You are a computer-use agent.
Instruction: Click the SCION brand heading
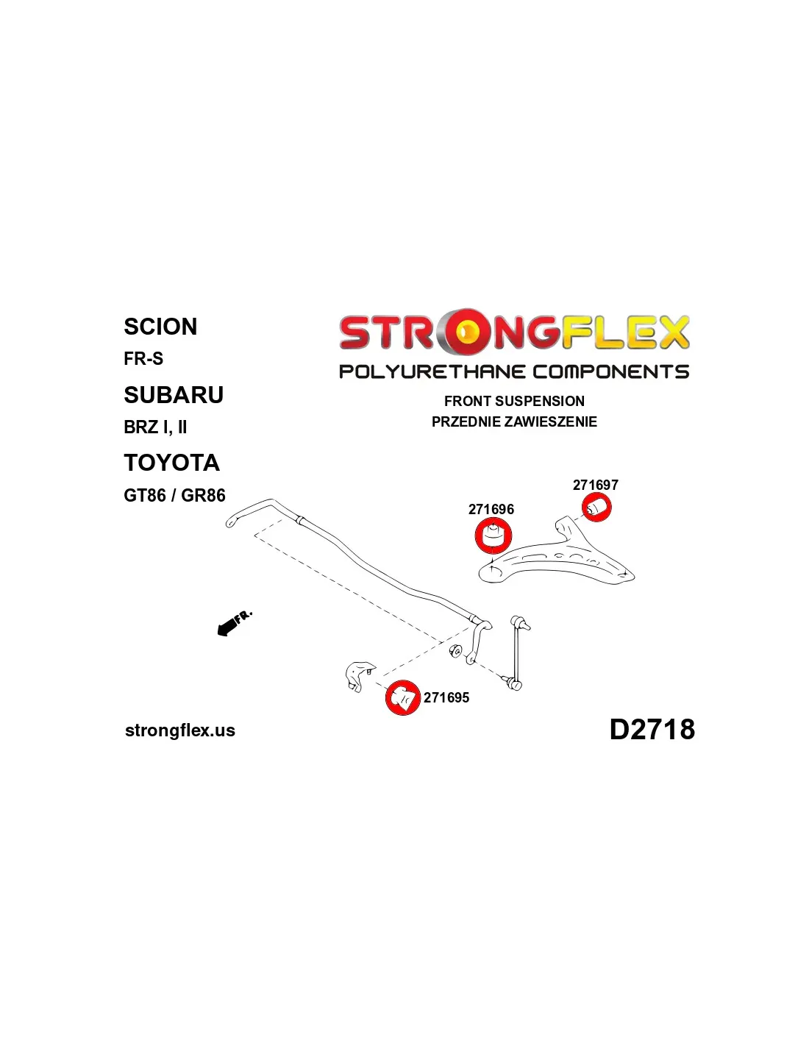[160, 327]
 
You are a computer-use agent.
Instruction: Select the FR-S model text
[143, 359]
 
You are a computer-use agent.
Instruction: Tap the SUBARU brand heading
[174, 395]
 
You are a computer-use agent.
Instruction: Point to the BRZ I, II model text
[155, 427]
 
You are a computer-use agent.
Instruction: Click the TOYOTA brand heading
[171, 463]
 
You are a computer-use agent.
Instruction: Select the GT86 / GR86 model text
[174, 496]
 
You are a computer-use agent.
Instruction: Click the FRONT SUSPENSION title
[514, 401]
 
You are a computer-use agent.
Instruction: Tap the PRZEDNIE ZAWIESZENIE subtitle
[514, 422]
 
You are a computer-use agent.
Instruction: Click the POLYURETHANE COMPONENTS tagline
[514, 372]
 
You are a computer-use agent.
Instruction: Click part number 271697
[596, 485]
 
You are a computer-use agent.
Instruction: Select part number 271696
[491, 509]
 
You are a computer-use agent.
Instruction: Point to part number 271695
[446, 697]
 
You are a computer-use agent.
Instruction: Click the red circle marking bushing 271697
[596, 507]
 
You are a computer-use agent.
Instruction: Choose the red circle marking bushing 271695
[402, 697]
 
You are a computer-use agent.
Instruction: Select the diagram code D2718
[652, 730]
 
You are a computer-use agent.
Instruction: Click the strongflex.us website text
[180, 730]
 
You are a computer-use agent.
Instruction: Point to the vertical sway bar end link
[518, 655]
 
